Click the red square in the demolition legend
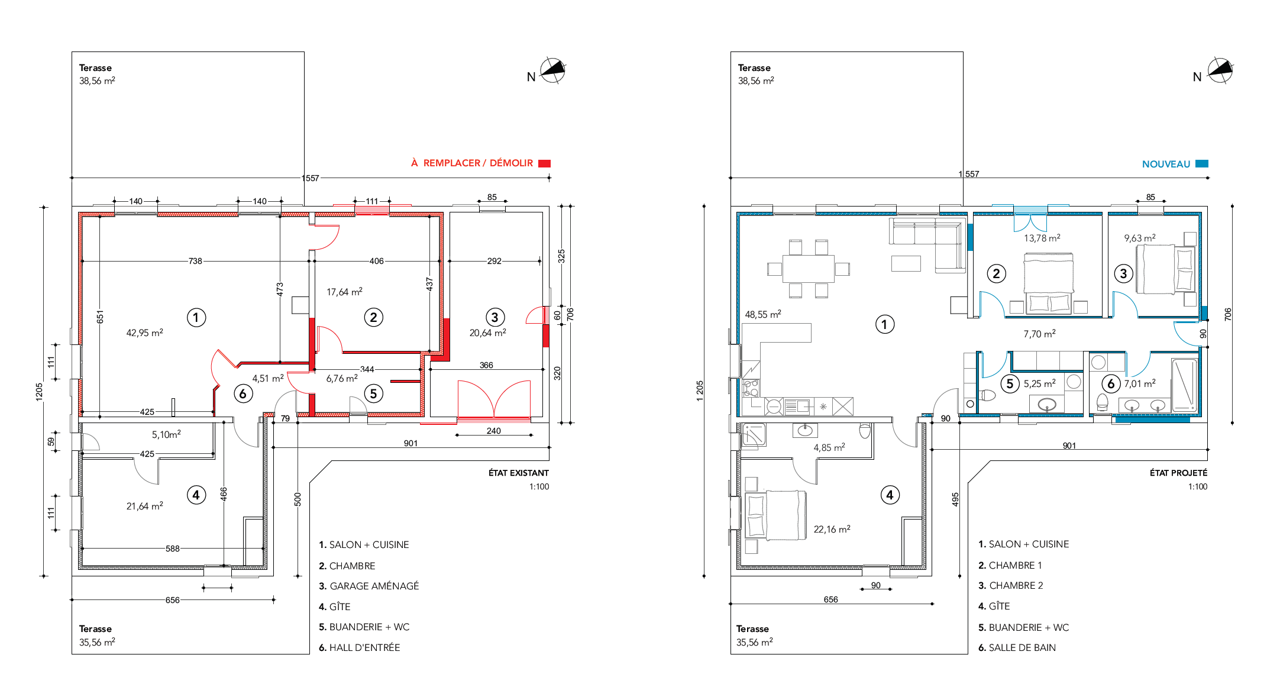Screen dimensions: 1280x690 [x=544, y=163]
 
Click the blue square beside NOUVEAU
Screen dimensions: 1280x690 [x=1202, y=164]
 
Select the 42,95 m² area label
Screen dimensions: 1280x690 [x=145, y=333]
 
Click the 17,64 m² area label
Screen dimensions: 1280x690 [x=344, y=292]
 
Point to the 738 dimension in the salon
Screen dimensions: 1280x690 [x=195, y=261]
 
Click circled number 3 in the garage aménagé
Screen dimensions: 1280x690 [x=495, y=317]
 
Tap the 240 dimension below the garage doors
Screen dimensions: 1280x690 [x=494, y=431]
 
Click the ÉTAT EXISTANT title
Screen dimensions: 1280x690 [x=519, y=473]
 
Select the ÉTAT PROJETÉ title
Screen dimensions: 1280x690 [x=1179, y=473]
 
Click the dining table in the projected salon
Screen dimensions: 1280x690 [x=808, y=269]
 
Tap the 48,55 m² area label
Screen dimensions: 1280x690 [x=763, y=314]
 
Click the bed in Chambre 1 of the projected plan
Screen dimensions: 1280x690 [x=1049, y=282]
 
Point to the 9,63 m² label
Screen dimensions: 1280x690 [x=1140, y=238]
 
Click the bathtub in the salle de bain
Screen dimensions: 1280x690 [x=1184, y=385]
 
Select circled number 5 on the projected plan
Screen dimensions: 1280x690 [x=1010, y=383]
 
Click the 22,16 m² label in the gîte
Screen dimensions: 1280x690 [x=832, y=529]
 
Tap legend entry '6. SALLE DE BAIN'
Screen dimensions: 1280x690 [x=1017, y=647]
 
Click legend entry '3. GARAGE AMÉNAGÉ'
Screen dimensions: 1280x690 [x=369, y=586]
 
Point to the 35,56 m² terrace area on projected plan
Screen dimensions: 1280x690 [x=755, y=642]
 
